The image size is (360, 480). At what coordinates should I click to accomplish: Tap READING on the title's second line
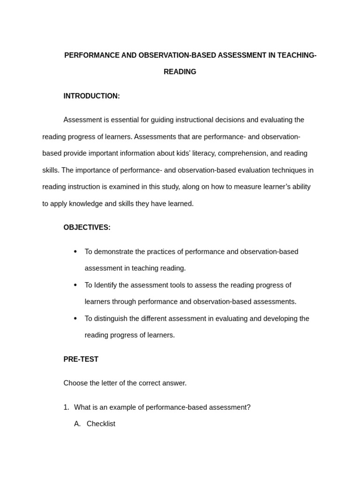180,72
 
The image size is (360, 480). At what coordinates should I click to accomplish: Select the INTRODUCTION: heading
91,96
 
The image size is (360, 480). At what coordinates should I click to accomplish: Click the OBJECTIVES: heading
87,227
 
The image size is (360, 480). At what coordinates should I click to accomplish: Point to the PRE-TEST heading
81,359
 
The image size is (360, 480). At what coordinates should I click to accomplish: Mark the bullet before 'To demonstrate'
75,252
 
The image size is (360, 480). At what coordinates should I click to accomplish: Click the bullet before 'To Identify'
75,285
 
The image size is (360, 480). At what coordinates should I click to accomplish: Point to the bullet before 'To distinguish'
75,318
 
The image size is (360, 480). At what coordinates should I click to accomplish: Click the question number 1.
66,407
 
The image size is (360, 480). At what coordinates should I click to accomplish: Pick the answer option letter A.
77,424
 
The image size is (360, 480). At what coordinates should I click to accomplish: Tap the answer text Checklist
101,424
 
